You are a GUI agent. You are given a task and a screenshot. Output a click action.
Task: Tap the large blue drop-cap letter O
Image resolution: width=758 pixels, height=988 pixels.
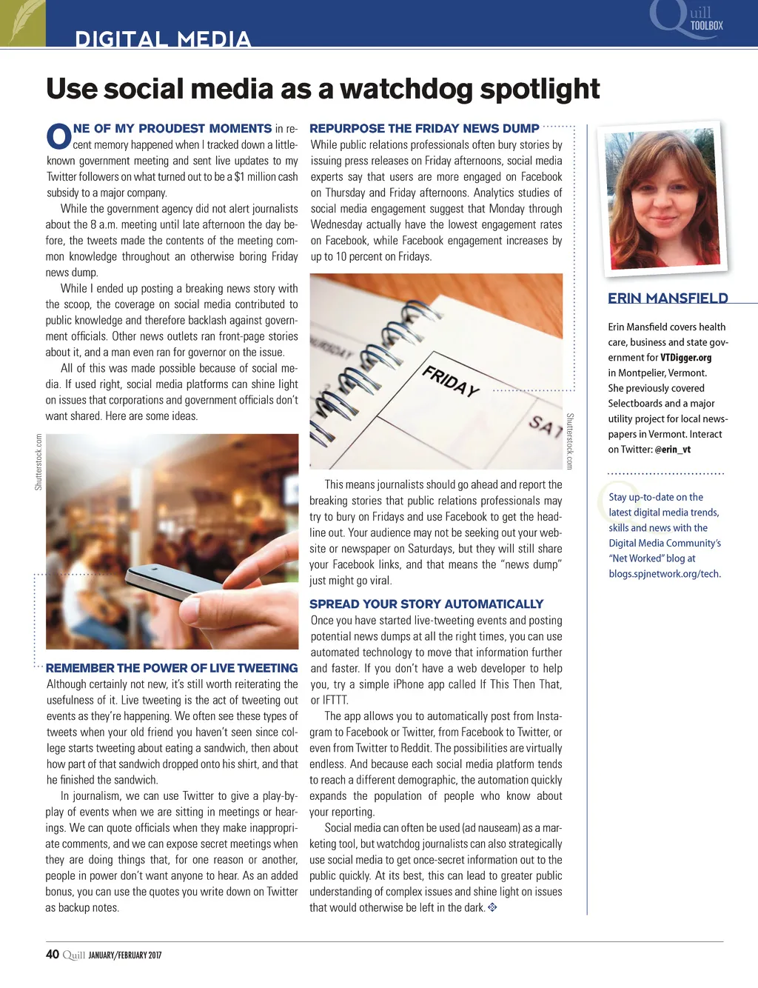tap(58, 137)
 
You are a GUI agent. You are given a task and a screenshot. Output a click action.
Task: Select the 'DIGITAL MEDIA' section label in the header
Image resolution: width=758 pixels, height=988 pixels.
tap(163, 39)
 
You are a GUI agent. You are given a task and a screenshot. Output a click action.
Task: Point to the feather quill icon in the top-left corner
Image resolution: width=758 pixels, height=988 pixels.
tap(22, 22)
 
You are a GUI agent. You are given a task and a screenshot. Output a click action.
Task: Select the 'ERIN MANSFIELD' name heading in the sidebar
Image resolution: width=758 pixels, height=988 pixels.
tap(668, 298)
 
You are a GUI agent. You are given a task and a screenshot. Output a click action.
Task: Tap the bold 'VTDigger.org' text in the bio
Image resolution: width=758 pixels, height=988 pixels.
tap(685, 358)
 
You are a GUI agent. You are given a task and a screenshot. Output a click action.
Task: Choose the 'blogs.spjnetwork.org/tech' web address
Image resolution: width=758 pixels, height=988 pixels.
tap(664, 574)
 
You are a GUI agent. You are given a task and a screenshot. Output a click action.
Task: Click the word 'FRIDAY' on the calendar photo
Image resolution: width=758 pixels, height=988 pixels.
tap(451, 380)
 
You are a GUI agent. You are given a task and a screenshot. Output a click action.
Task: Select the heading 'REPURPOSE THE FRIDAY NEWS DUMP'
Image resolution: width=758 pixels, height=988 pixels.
tap(424, 129)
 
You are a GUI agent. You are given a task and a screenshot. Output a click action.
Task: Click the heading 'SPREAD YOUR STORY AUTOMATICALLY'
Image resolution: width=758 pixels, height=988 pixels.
tap(426, 604)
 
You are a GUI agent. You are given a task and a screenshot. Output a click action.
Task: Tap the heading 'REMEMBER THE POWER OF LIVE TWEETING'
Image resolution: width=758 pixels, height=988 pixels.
tap(172, 668)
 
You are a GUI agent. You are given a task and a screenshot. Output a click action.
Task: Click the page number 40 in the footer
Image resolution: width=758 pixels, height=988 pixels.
tap(53, 955)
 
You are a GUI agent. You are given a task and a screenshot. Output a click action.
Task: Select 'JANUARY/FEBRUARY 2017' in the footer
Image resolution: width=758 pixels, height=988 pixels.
tap(124, 955)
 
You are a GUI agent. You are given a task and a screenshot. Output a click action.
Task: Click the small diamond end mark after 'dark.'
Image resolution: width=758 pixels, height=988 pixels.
tap(492, 907)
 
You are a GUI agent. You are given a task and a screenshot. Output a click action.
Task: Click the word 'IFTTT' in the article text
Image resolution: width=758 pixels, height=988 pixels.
tap(335, 701)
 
